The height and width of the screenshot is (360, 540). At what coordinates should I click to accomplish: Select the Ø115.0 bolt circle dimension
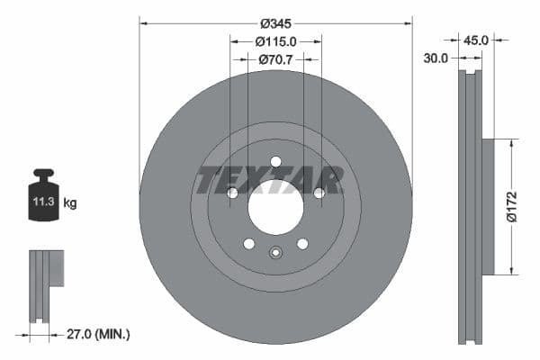click(275, 41)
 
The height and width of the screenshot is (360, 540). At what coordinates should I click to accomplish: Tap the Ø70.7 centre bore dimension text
click(276, 59)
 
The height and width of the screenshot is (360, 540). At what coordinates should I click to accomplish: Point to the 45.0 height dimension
click(476, 40)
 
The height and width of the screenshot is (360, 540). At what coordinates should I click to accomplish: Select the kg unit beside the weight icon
click(70, 203)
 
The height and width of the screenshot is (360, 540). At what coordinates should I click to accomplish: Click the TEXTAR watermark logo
click(269, 180)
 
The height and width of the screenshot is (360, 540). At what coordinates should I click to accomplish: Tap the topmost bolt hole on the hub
click(275, 162)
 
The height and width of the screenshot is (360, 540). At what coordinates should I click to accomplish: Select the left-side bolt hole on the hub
click(232, 193)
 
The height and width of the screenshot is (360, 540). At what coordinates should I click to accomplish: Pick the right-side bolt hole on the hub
click(319, 193)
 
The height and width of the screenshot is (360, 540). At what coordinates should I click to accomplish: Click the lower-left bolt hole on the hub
click(249, 244)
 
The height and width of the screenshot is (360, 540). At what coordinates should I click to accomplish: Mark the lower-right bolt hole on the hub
click(302, 244)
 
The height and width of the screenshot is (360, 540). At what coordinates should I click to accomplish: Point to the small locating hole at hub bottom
click(275, 253)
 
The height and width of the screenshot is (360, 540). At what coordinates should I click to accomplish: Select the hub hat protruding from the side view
click(488, 206)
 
